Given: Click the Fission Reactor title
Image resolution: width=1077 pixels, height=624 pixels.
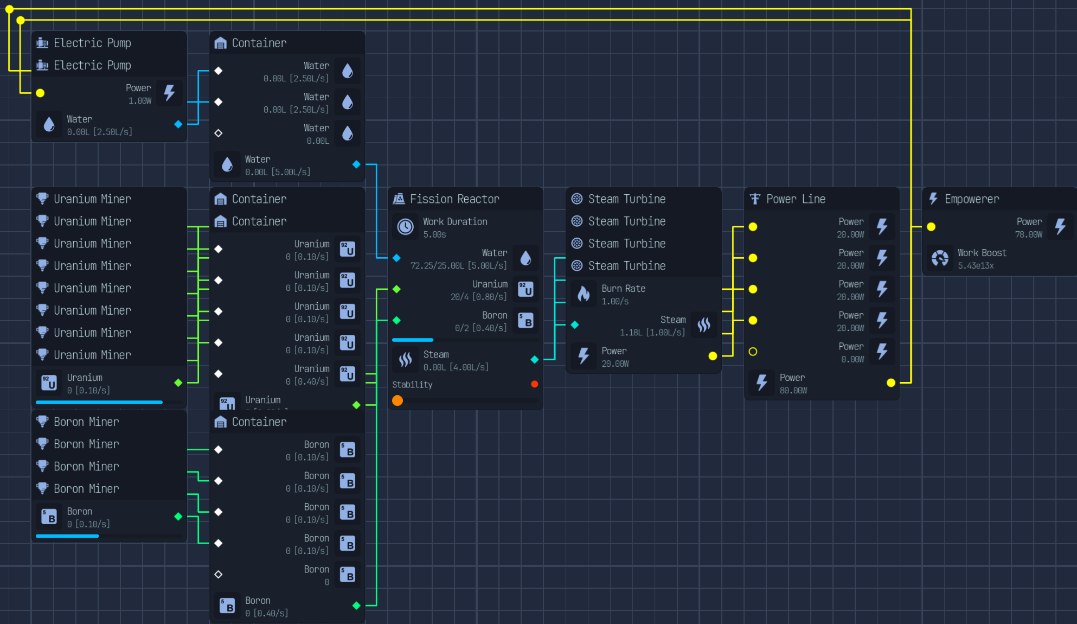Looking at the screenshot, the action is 454,199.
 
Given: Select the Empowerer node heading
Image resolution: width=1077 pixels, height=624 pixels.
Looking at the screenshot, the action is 972,199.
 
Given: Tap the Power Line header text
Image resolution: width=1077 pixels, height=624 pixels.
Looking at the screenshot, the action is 796,199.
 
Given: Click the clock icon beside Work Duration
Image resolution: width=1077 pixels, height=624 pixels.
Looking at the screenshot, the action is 406,227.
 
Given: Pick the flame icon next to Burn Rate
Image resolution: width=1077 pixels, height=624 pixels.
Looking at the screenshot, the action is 584,294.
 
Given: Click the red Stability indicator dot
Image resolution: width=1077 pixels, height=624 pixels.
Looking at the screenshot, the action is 535,384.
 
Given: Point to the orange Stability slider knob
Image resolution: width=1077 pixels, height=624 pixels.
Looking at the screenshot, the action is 398,400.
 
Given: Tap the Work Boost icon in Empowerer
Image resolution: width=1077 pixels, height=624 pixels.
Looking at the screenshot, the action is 940,258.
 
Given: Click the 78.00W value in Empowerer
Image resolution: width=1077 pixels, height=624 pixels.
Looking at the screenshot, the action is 1029,235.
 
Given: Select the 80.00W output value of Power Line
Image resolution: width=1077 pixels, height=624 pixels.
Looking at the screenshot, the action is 793,391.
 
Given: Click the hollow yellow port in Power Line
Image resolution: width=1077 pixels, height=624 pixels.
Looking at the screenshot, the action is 753,352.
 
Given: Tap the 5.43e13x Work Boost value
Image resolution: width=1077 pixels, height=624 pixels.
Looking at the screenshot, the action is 976,266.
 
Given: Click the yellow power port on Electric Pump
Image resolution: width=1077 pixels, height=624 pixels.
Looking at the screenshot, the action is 40,93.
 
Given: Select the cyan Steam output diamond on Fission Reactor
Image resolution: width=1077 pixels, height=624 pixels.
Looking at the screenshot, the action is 535,359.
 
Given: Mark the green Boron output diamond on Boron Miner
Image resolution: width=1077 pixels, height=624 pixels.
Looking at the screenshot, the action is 178,517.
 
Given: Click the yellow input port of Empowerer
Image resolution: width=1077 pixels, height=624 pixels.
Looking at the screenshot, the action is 931,227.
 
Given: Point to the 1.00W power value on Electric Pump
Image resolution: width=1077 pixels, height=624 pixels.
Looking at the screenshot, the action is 140,101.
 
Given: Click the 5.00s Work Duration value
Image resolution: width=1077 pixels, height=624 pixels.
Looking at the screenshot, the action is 434,235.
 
